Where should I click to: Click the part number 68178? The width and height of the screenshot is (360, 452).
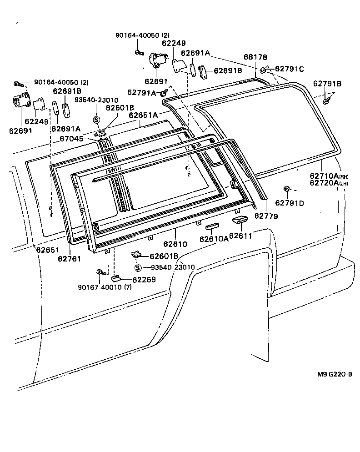pyautogui.click(x=255, y=57)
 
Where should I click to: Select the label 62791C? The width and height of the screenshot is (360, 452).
pyautogui.click(x=289, y=69)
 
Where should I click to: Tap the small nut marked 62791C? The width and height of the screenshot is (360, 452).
pyautogui.click(x=263, y=70)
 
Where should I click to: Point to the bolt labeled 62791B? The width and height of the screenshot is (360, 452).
pyautogui.click(x=326, y=101)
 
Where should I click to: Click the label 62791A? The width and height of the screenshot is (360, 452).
pyautogui.click(x=141, y=92)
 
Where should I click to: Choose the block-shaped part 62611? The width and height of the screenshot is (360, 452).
pyautogui.click(x=239, y=221)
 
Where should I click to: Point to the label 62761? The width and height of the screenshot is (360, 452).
pyautogui.click(x=70, y=259)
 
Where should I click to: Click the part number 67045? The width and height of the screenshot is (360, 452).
pyautogui.click(x=71, y=139)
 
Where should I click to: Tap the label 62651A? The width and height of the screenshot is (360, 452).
pyautogui.click(x=143, y=116)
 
